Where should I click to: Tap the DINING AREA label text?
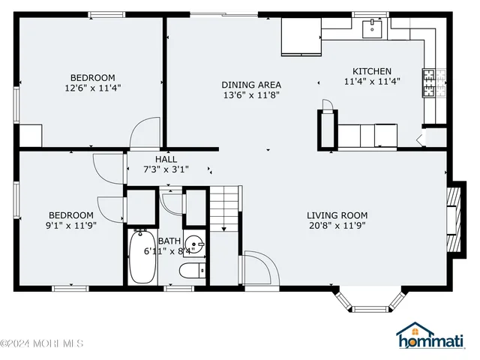pyautogui.click(x=250, y=85)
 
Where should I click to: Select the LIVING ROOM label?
pyautogui.click(x=337, y=215)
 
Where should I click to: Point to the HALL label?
pyautogui.click(x=166, y=160)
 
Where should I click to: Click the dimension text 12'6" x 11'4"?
pyautogui.click(x=92, y=88)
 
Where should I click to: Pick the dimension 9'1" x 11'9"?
pyautogui.click(x=72, y=225)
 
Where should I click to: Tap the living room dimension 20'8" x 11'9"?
pyautogui.click(x=337, y=225)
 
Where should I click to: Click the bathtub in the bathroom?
pyautogui.click(x=140, y=257)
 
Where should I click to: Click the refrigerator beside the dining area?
pyautogui.click(x=301, y=37)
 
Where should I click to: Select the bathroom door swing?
pyautogui.click(x=172, y=202)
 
